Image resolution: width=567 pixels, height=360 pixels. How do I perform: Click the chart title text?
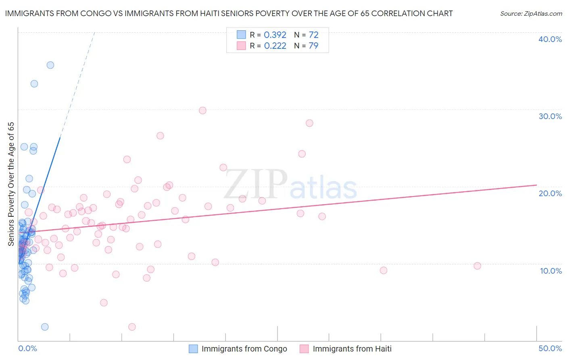[229, 13]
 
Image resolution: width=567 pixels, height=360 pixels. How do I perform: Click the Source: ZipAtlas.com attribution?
[531, 13]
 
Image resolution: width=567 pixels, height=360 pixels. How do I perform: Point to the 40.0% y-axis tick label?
[550, 39]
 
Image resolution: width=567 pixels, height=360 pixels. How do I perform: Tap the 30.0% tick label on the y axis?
[550, 116]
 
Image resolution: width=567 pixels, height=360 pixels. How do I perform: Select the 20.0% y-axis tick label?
[550, 193]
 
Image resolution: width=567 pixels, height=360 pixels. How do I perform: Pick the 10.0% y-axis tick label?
[550, 271]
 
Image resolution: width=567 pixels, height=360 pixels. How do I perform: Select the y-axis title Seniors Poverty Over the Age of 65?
[11, 184]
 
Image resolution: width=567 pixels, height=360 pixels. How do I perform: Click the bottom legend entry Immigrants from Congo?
[244, 349]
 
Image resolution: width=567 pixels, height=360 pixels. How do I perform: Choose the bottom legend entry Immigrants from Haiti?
[352, 349]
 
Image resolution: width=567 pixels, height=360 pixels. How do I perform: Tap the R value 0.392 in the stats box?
[275, 35]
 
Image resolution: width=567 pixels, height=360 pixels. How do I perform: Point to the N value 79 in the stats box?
[313, 46]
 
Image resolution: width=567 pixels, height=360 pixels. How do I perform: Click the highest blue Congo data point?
[50, 65]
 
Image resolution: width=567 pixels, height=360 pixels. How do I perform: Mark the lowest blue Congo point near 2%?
[45, 327]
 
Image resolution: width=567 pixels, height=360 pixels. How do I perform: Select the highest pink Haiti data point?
[203, 111]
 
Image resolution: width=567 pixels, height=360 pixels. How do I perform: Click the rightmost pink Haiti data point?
[477, 266]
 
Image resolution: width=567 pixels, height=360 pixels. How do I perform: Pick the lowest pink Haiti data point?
[132, 327]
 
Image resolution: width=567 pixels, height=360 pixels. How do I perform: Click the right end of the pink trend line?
[536, 185]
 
